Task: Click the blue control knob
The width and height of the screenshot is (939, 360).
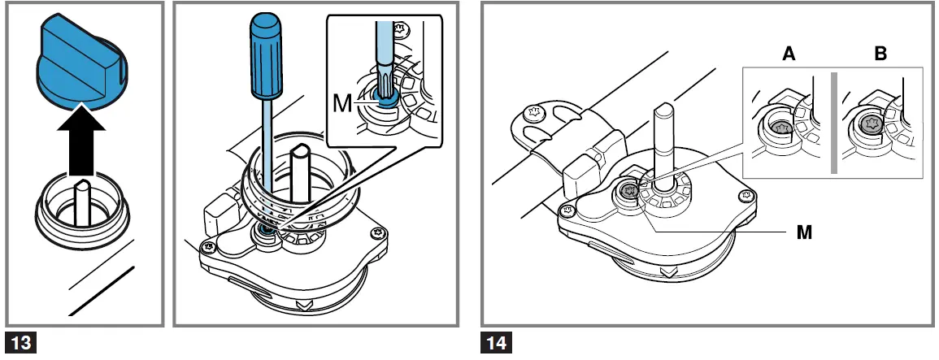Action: [80, 65]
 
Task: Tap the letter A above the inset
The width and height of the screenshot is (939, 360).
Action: [787, 54]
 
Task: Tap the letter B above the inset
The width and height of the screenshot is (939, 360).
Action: [880, 54]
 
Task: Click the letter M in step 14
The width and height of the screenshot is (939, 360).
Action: [803, 232]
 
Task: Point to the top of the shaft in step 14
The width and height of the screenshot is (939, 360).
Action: [663, 111]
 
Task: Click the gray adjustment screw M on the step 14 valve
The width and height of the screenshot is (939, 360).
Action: [629, 192]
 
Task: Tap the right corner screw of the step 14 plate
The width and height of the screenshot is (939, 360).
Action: [746, 196]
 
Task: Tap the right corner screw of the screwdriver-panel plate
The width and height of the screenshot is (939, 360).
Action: [377, 234]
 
